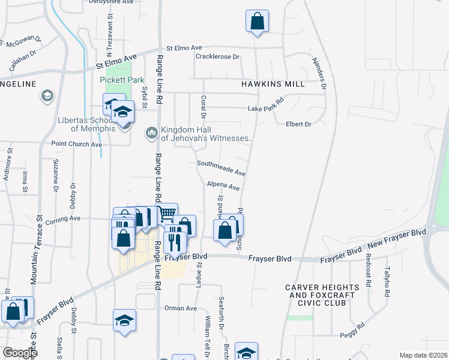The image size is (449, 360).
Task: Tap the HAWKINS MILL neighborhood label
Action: coord(273,84)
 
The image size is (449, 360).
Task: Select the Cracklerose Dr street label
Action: coord(217,57)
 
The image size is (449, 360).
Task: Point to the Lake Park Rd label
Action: coord(265,108)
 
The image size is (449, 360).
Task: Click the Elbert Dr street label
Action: coord(298,124)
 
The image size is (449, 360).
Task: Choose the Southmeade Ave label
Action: coord(221,167)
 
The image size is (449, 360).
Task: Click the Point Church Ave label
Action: coord(76,144)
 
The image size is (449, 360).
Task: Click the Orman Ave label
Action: coord(181,308)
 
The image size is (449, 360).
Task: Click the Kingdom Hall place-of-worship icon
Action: coord(151,132)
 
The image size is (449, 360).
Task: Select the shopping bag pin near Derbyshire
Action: coord(256,21)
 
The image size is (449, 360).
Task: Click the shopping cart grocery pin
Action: coord(167,214)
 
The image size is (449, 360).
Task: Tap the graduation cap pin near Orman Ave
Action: coord(124,320)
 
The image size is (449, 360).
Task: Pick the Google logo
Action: coord(20,353)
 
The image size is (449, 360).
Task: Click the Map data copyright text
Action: coord(423,355)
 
